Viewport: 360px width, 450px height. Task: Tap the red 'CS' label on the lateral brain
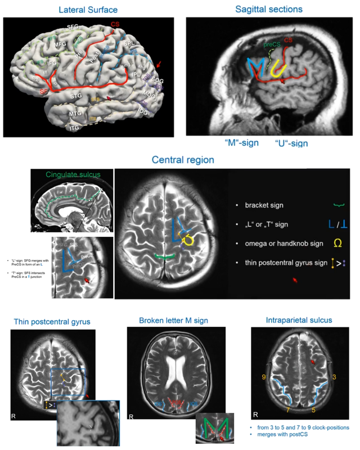tap(115, 24)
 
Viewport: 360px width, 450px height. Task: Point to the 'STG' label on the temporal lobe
tap(76, 96)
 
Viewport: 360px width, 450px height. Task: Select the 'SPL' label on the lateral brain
tap(129, 43)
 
